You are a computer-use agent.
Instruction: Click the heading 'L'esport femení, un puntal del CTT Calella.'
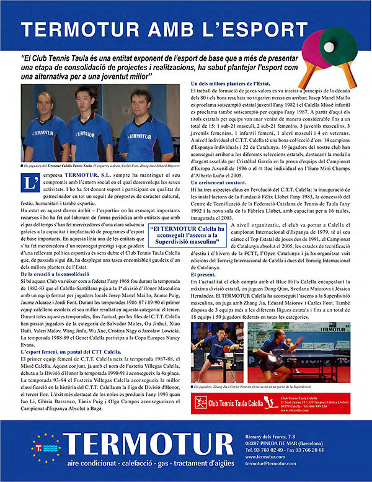[x=74, y=352]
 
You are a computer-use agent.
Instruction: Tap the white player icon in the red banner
[x=201, y=403]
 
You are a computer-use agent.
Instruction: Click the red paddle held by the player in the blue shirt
[x=226, y=349]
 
